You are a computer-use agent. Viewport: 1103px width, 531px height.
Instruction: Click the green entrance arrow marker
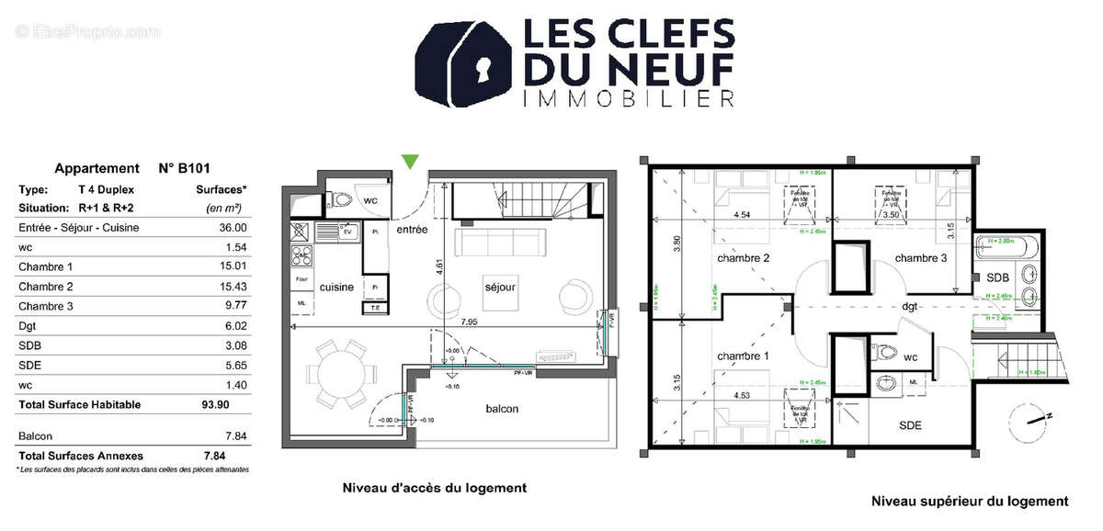click(x=411, y=162)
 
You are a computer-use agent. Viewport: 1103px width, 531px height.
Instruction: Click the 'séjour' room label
click(x=501, y=287)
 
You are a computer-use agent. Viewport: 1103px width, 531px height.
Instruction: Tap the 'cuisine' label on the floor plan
click(x=336, y=288)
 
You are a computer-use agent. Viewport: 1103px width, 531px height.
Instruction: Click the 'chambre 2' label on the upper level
click(x=743, y=258)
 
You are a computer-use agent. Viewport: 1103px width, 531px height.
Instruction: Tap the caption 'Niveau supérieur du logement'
click(x=969, y=502)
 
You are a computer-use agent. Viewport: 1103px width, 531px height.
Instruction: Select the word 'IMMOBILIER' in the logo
click(x=627, y=98)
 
